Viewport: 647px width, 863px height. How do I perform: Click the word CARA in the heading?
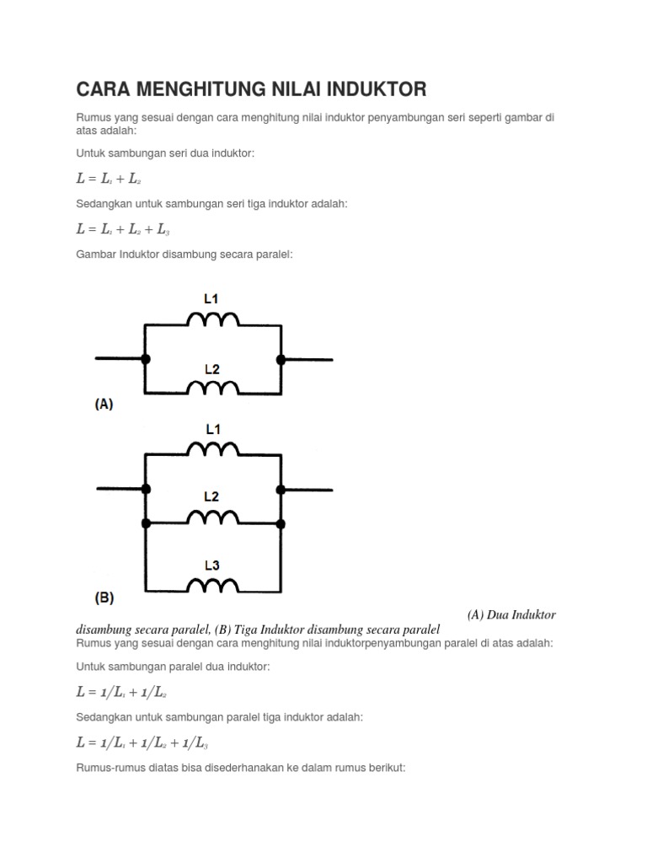[x=104, y=88]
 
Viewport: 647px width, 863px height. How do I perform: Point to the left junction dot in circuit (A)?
[x=146, y=359]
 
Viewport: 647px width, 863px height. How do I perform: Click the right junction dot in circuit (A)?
[x=281, y=359]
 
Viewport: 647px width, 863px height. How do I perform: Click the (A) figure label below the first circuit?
[x=103, y=404]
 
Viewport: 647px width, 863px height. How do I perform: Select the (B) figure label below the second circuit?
[x=103, y=598]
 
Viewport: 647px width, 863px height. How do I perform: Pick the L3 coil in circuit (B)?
[x=212, y=585]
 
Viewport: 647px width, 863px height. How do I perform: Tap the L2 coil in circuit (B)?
[x=212, y=517]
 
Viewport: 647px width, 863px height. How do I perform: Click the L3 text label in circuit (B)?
[x=211, y=566]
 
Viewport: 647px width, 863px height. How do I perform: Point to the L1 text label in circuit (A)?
[x=211, y=298]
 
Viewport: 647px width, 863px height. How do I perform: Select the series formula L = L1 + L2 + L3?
[x=123, y=228]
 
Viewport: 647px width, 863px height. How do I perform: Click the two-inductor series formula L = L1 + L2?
[x=109, y=179]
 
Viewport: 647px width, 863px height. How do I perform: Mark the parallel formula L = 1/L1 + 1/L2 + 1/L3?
[x=142, y=742]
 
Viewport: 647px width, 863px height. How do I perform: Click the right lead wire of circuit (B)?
[x=307, y=490]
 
